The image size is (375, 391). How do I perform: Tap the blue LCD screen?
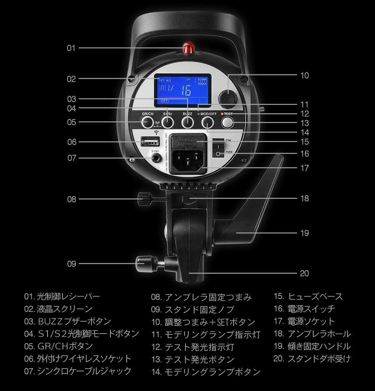pos(184,89)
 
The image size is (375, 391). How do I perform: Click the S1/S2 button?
pos(167,122)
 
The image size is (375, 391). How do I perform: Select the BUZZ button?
pos(187,122)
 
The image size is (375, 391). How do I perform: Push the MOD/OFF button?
pos(207,122)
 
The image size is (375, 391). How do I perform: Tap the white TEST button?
pos(227,122)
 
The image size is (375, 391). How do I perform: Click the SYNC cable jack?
pos(156,158)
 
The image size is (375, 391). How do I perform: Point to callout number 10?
pos(304,75)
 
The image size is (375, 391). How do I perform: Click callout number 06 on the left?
pos(72,142)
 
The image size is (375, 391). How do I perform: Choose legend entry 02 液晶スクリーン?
pos(58,309)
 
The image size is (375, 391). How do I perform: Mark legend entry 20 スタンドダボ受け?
pos(312,359)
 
